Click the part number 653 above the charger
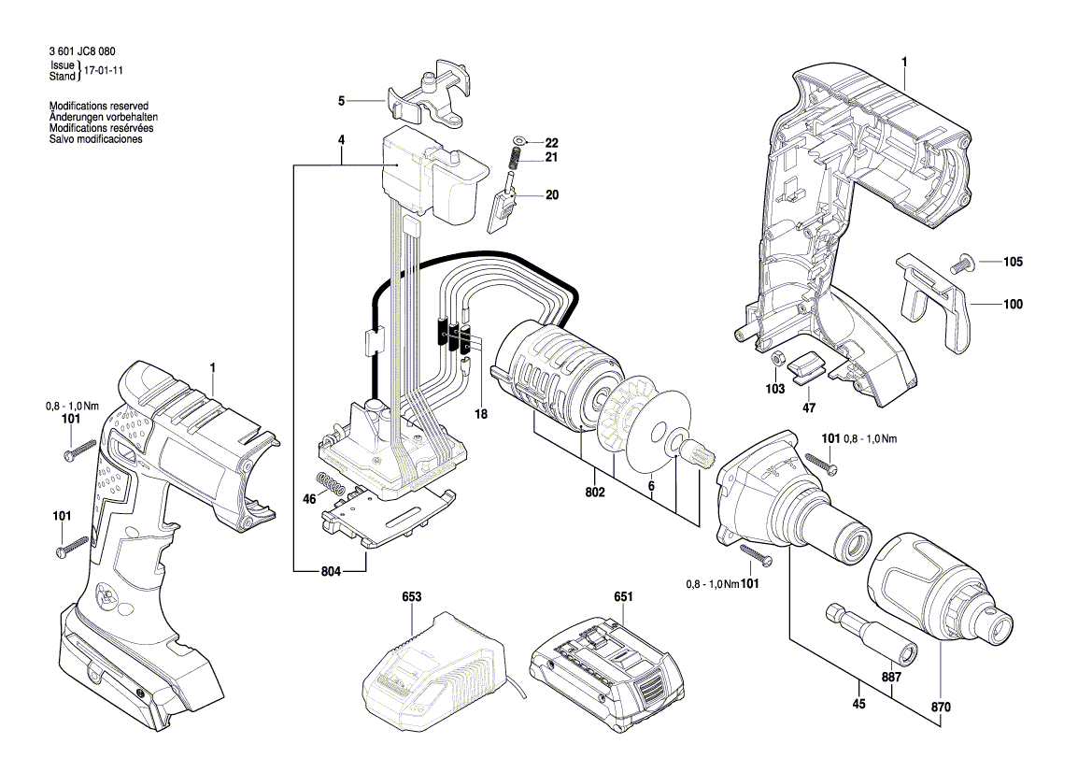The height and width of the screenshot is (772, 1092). (x=412, y=597)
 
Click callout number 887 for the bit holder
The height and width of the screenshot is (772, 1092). (x=891, y=677)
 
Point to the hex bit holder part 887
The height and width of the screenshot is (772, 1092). (x=872, y=632)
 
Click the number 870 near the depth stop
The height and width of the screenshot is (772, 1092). (x=940, y=708)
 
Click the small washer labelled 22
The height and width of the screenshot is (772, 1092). (x=518, y=140)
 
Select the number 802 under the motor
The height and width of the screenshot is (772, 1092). (x=595, y=492)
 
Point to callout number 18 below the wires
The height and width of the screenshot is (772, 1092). (x=481, y=414)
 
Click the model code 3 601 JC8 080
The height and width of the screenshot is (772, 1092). (x=82, y=51)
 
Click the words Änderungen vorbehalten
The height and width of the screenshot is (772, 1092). (x=104, y=117)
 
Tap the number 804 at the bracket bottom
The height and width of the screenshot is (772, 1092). (x=331, y=571)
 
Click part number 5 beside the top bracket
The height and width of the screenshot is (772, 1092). (x=341, y=101)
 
